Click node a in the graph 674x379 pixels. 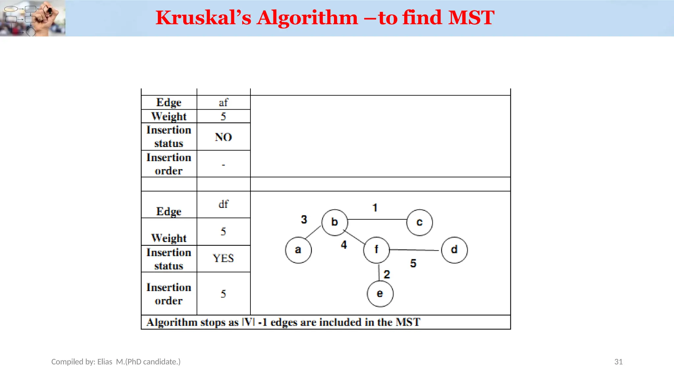298,250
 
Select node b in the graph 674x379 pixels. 334,222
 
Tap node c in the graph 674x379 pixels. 420,223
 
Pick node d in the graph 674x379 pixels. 454,250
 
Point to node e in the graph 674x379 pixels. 380,294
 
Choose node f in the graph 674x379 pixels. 376,250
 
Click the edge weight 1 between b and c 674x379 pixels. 375,208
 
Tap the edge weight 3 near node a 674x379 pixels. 304,219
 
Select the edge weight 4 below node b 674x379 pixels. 344,245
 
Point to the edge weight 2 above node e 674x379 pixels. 387,274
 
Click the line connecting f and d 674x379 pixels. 415,250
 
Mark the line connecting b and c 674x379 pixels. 377,219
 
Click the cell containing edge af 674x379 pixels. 223,103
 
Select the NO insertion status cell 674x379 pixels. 223,137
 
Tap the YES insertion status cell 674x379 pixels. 223,259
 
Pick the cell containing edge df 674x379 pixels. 223,204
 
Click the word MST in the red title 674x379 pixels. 471,18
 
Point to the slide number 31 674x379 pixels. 618,362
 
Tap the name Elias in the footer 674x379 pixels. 105,362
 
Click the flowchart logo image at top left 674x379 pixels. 32,18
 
